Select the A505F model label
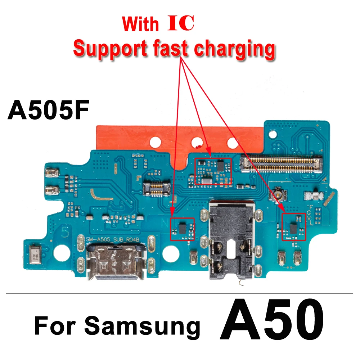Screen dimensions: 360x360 click(x=48, y=111)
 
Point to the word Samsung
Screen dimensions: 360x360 click(x=142, y=326)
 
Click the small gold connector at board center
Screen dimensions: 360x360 click(x=156, y=189)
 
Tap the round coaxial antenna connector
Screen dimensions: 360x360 click(x=277, y=196)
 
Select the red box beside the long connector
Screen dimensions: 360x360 click(x=213, y=171)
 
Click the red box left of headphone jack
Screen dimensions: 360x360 click(x=182, y=229)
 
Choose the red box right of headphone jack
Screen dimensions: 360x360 click(x=293, y=226)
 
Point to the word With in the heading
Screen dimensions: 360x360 click(x=140, y=24)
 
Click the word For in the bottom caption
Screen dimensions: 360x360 click(x=55, y=326)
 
